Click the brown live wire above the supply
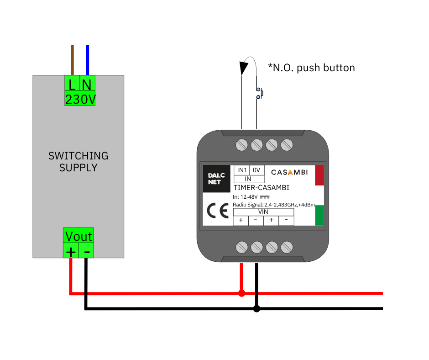(x=72, y=59)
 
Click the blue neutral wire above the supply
(x=88, y=59)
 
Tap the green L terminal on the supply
(x=72, y=84)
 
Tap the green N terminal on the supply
(x=88, y=84)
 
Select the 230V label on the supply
(x=80, y=99)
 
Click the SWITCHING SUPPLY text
(x=78, y=162)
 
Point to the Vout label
(x=78, y=236)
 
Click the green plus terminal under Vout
(x=71, y=251)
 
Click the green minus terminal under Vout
(x=87, y=251)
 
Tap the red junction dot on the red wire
(x=241, y=293)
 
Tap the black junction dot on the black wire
(x=256, y=309)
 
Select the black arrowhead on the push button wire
(x=243, y=68)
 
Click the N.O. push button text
(x=311, y=68)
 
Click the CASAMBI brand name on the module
(x=289, y=172)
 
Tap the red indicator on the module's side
(x=319, y=175)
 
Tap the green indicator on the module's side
(x=319, y=215)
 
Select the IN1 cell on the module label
(x=241, y=170)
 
